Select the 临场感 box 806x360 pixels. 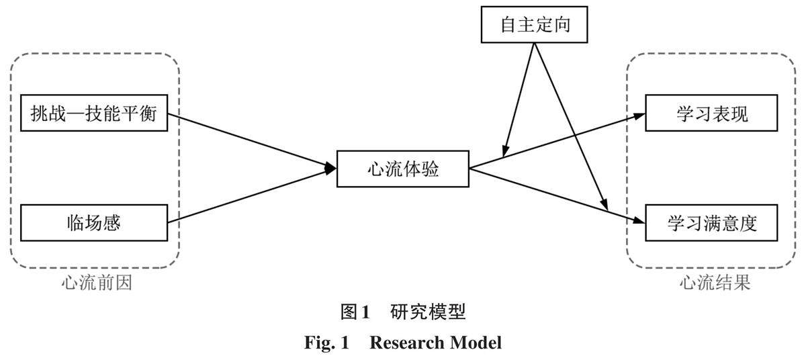[x=93, y=222]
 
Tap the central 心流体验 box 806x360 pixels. [x=403, y=169]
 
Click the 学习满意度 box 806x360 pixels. [x=712, y=222]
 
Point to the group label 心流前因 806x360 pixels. [x=96, y=283]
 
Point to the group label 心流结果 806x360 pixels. [x=714, y=283]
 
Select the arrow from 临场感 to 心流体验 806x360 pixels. [x=249, y=196]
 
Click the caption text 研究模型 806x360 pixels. [x=427, y=312]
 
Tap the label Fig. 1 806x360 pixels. [x=327, y=343]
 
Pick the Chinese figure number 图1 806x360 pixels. [x=355, y=312]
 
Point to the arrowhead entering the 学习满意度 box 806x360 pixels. [x=639, y=222]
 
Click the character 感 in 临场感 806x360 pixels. [x=112, y=222]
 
